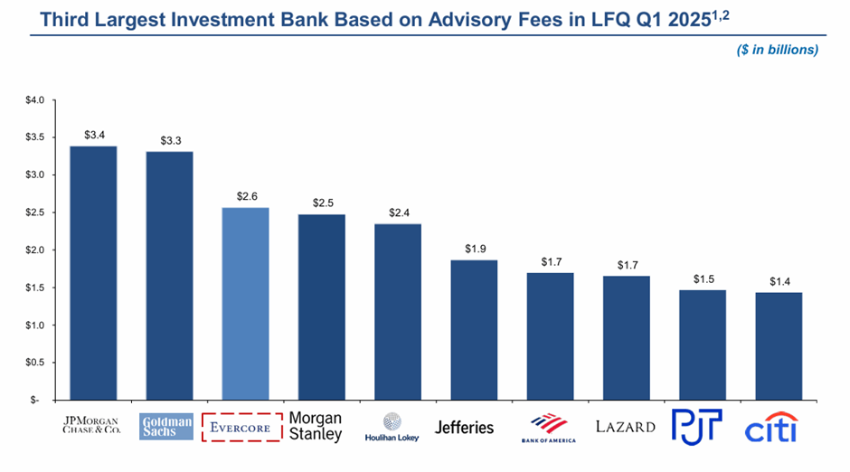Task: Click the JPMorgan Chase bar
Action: pos(93,272)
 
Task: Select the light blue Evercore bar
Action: pos(245,304)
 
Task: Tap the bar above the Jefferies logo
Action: pos(474,330)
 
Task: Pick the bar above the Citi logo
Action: pos(779,346)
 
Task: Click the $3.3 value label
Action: pos(171,141)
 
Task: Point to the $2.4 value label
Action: pos(399,213)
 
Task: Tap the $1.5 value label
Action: pos(704,279)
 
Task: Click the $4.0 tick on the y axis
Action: pos(34,99)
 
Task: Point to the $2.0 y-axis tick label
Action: pos(34,250)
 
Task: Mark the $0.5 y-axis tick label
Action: pos(34,363)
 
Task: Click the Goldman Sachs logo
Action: pos(167,427)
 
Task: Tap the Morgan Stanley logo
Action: pos(316,427)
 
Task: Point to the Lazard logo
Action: pos(626,427)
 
